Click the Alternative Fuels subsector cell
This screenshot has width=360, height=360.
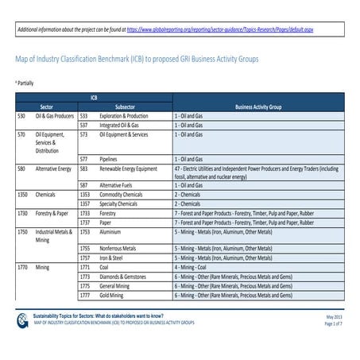118,184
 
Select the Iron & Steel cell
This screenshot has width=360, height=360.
114,257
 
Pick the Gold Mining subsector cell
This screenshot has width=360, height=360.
116,296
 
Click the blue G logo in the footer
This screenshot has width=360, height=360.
21,320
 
